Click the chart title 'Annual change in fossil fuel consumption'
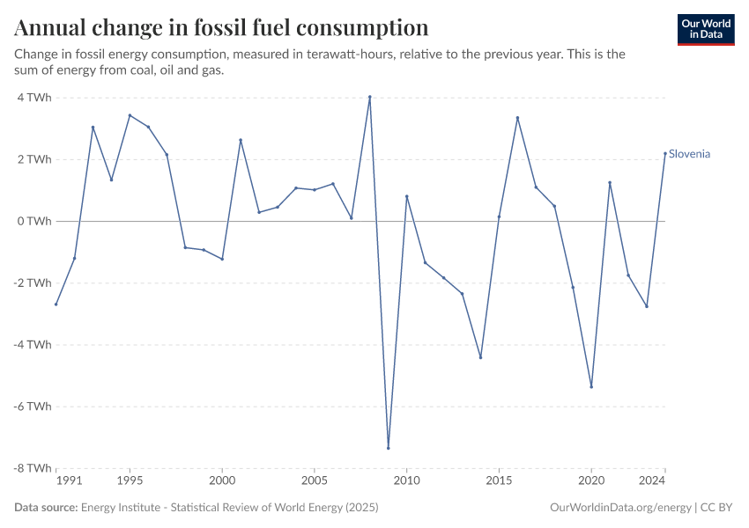[222, 27]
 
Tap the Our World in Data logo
[706, 29]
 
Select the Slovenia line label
[689, 154]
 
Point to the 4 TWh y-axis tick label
[33, 98]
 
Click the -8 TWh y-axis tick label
[32, 468]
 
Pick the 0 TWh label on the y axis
[33, 221]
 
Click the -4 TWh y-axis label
[32, 344]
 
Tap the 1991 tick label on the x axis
[68, 481]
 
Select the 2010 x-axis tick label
[406, 481]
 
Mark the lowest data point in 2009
[388, 448]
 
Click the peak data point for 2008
[369, 97]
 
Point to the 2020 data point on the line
[591, 386]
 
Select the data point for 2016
[517, 118]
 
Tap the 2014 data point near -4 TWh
[480, 357]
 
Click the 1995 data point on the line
[130, 115]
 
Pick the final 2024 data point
[665, 154]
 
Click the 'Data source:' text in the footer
[46, 508]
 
